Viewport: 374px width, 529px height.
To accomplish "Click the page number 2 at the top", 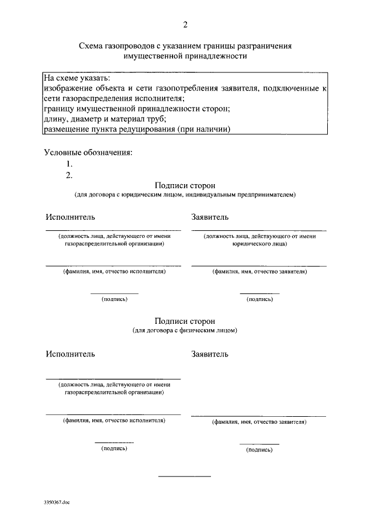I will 185,24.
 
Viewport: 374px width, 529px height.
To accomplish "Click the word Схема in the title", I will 92,46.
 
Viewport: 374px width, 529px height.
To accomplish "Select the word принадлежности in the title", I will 217,56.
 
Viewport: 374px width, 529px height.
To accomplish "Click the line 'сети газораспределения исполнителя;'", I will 113,98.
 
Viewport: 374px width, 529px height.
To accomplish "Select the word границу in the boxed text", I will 60,109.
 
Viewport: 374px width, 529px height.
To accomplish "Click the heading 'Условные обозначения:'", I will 88,153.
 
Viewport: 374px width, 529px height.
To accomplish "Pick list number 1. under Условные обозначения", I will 69,164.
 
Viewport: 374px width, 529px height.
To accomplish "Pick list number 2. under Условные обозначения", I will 69,175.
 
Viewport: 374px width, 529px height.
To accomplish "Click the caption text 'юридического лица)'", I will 258,244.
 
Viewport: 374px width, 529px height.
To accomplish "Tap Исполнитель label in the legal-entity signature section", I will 70,217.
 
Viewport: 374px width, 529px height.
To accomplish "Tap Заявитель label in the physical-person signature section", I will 210,354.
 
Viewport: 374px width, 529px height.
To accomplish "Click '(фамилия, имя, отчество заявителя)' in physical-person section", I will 258,421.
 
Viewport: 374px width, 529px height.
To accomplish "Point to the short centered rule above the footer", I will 185,477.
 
